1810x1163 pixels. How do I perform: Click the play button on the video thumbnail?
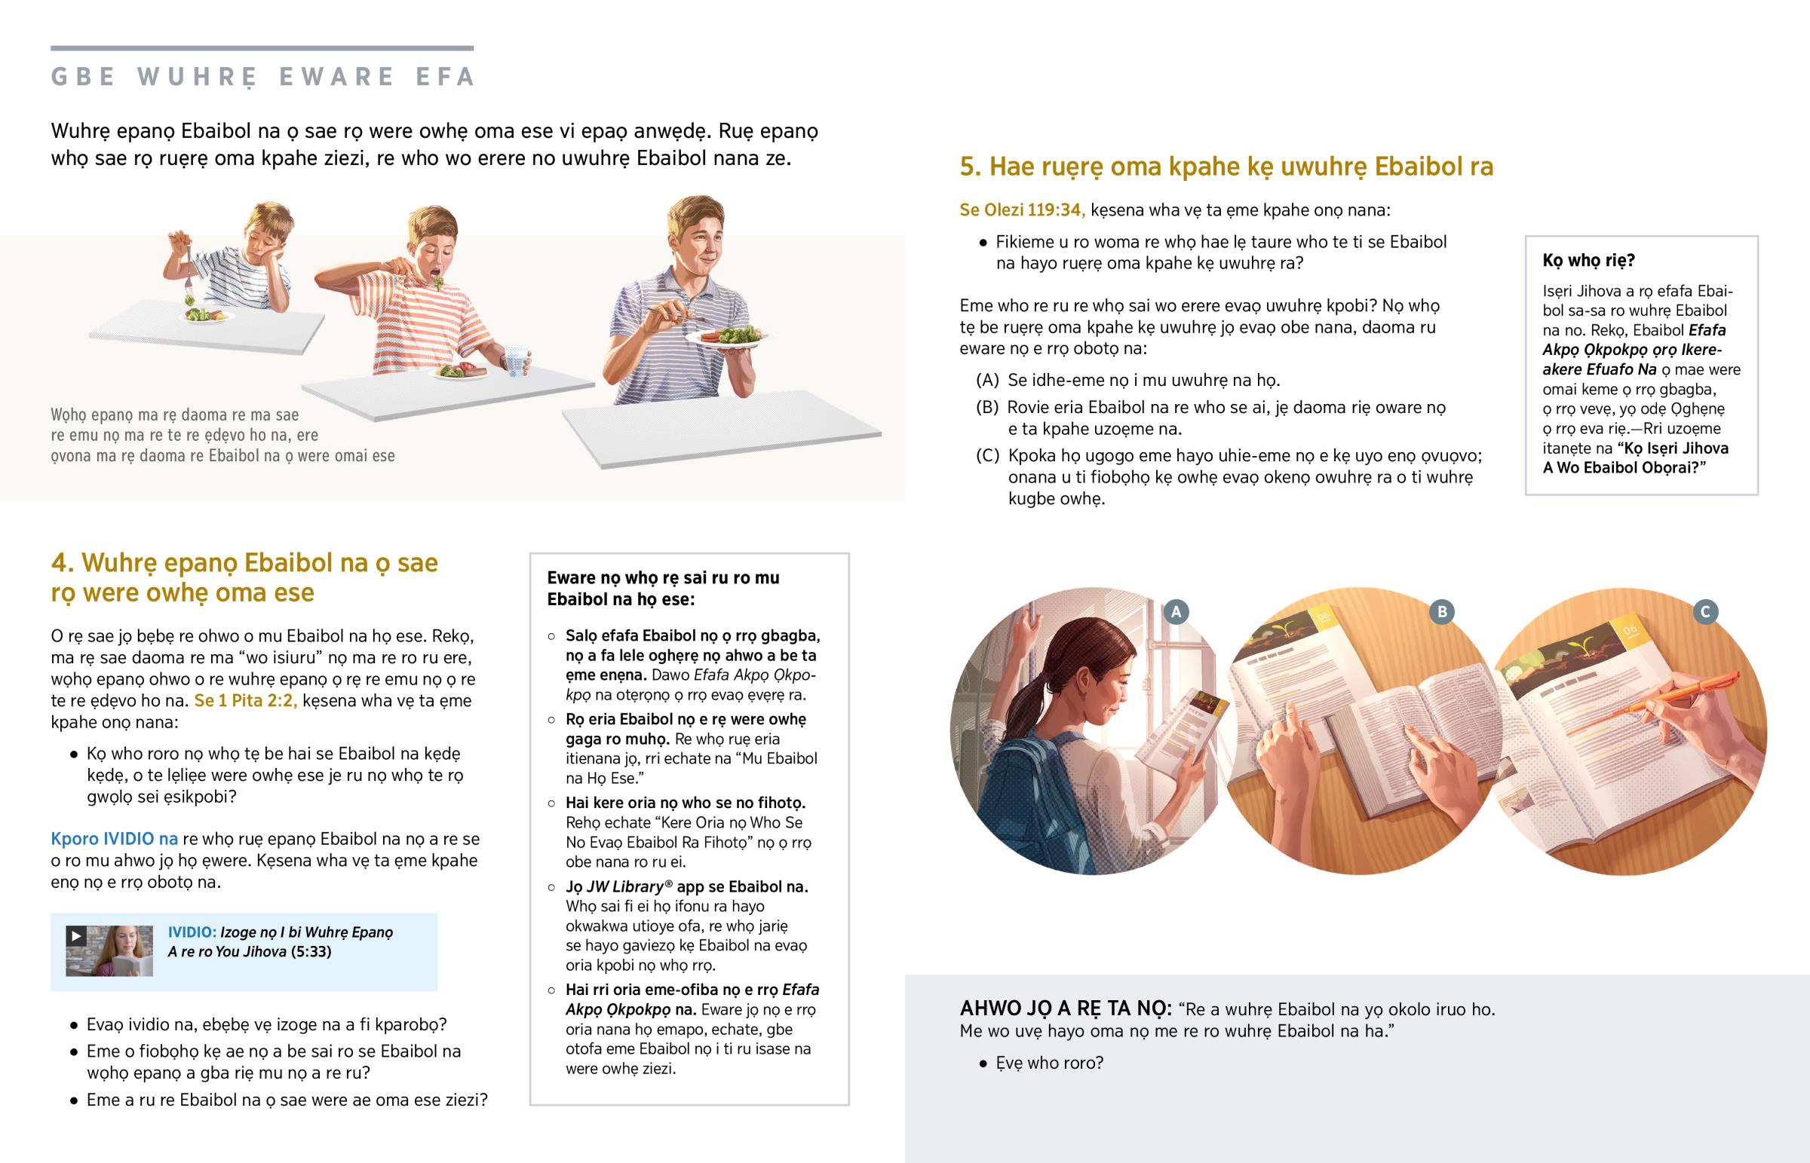(75, 935)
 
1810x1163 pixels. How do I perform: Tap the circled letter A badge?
(1176, 612)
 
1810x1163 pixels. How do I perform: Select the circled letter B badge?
(1441, 612)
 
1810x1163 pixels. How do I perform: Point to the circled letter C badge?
(1706, 612)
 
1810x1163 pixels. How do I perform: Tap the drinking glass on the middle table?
(517, 361)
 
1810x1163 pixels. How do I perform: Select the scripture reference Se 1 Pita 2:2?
(246, 700)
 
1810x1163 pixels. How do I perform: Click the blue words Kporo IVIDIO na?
(115, 838)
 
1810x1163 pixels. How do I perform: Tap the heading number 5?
(970, 166)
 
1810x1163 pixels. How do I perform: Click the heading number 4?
(61, 562)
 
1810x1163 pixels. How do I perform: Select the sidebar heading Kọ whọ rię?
(1589, 261)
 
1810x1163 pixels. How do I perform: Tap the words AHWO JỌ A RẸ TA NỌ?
(1065, 1008)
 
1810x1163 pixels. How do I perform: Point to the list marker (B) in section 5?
(987, 407)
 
